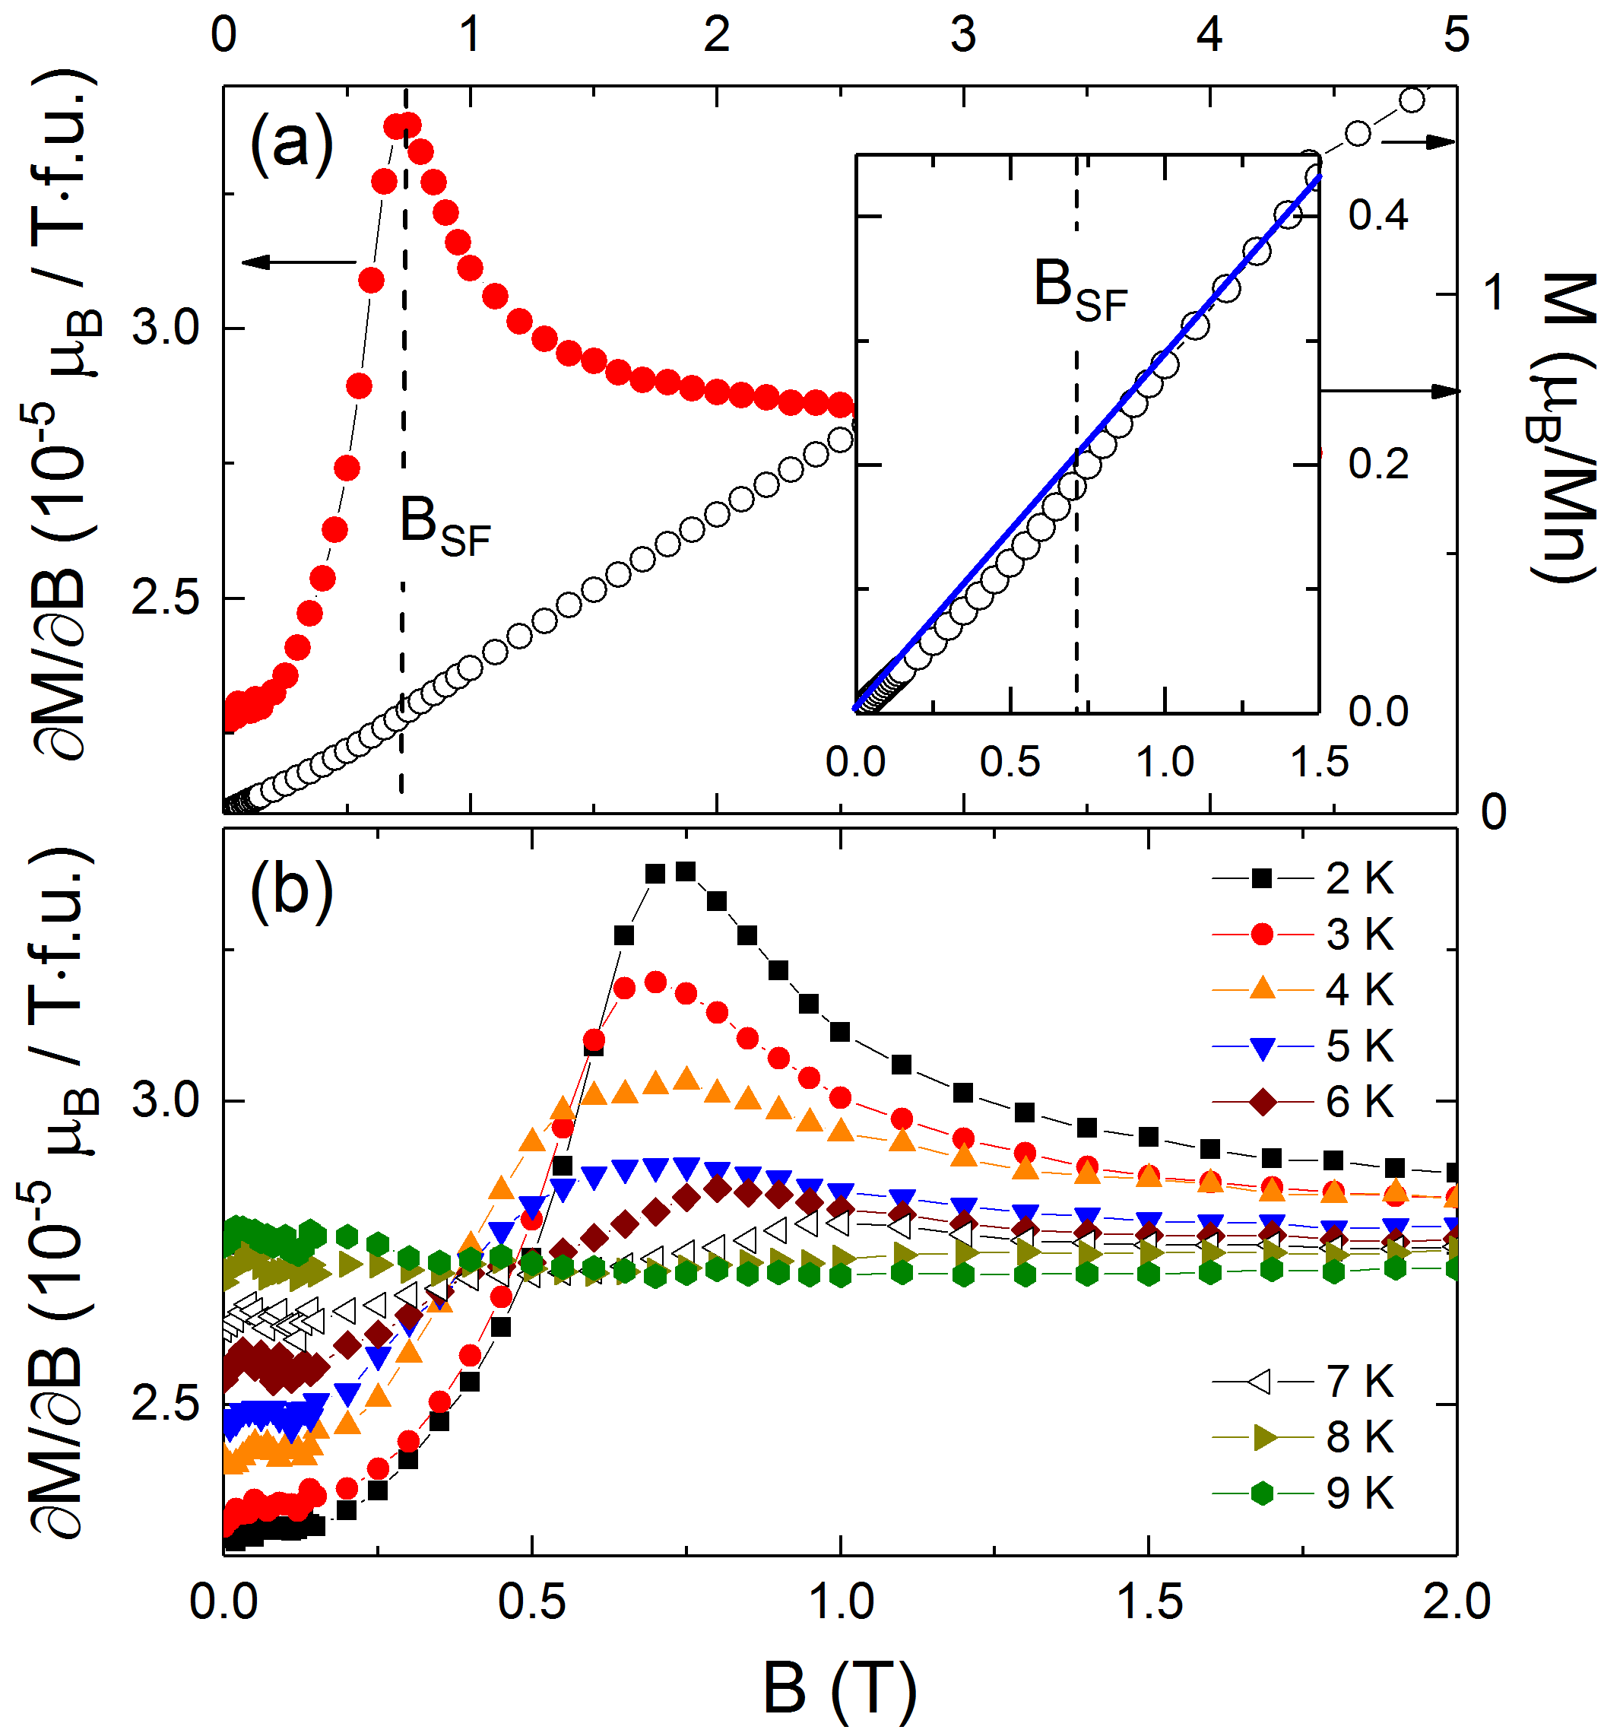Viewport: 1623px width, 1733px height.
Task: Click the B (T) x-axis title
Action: click(x=839, y=1687)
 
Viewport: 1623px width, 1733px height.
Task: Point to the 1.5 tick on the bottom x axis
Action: click(x=1149, y=1602)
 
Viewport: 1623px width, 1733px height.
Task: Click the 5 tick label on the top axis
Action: click(x=1456, y=35)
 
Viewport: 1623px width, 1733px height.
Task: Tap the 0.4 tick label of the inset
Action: click(x=1378, y=214)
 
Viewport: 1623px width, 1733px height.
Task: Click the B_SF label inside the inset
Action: click(x=1080, y=290)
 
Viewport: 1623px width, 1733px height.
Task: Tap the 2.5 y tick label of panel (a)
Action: click(x=166, y=598)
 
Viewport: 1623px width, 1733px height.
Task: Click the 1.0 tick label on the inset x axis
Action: click(x=1165, y=763)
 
